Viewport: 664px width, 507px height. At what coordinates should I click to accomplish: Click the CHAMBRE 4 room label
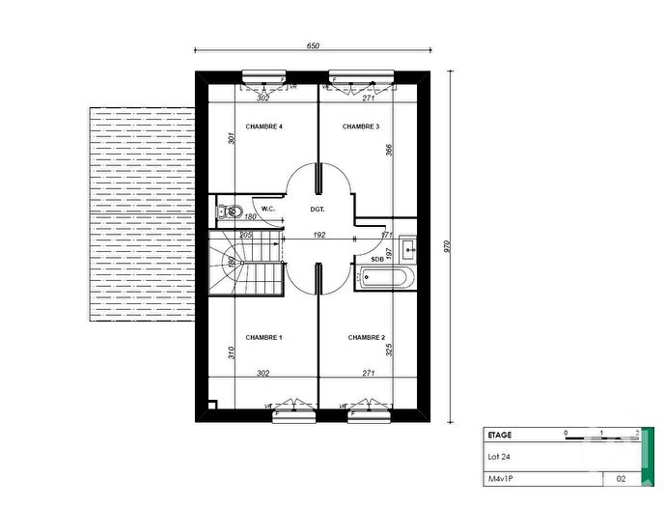[263, 127]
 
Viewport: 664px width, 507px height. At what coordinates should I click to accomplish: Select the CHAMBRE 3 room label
[360, 127]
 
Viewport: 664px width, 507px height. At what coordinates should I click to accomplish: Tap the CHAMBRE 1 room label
[263, 337]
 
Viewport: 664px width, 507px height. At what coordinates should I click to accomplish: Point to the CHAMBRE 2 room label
[367, 337]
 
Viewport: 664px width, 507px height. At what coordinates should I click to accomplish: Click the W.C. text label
[268, 209]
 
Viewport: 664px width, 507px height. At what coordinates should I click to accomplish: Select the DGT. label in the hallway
[318, 209]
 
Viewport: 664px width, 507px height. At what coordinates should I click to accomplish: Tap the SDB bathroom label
[375, 258]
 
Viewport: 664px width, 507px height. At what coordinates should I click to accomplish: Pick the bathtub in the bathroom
[387, 278]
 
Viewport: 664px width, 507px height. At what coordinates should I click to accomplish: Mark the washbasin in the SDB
[408, 247]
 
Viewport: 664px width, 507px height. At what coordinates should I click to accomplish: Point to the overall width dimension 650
[313, 46]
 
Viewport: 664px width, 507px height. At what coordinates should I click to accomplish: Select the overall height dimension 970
[447, 247]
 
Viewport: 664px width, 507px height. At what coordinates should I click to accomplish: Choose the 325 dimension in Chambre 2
[389, 350]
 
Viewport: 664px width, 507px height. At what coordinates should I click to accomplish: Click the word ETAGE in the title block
[499, 436]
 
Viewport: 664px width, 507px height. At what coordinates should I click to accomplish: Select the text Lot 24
[497, 457]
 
